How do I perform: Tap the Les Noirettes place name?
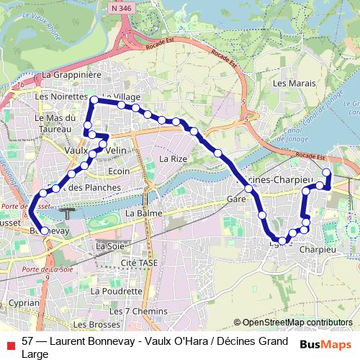click(x=60, y=96)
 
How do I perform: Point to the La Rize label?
click(x=173, y=158)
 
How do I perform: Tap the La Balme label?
click(x=141, y=214)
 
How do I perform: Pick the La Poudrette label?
click(x=117, y=291)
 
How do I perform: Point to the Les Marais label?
click(x=294, y=84)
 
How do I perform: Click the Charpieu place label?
click(x=317, y=249)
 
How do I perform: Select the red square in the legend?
click(x=9, y=341)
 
